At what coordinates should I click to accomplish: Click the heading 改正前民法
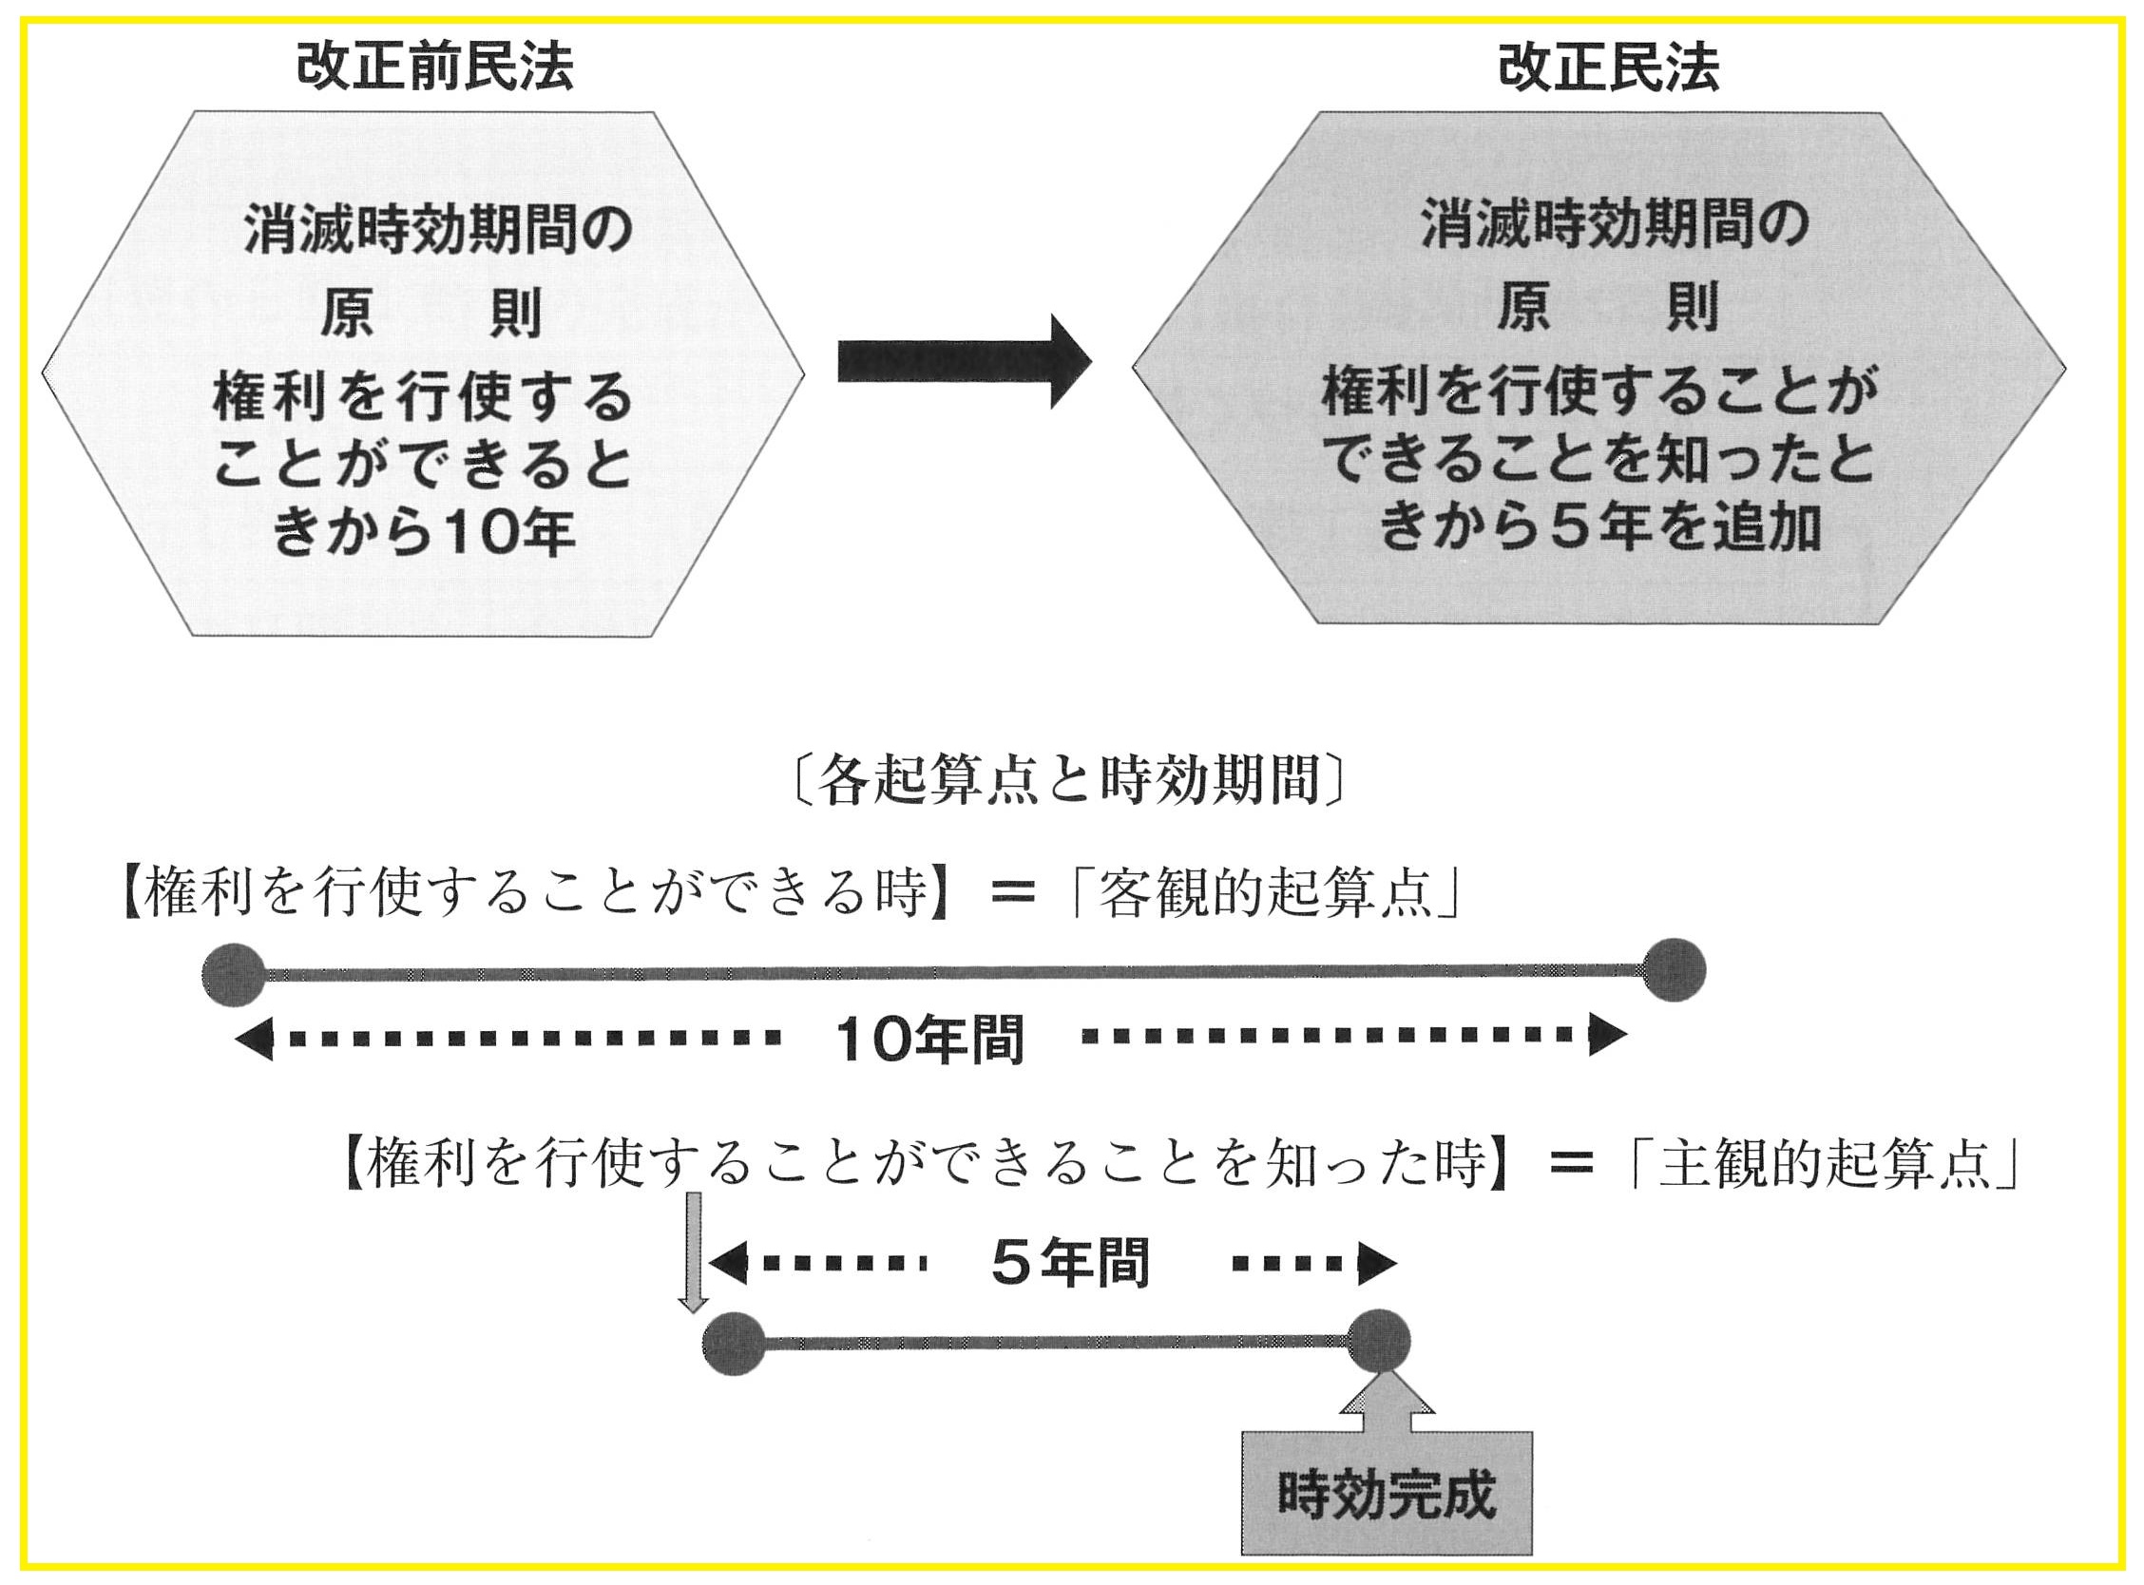pyautogui.click(x=434, y=67)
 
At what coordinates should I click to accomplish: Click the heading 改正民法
pyautogui.click(x=1608, y=67)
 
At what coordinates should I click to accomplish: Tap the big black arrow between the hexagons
pyautogui.click(x=963, y=362)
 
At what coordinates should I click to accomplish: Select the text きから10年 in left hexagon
pyautogui.click(x=423, y=532)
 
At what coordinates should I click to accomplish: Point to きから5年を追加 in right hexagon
pyautogui.click(x=1599, y=526)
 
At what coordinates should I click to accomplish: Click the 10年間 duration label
pyautogui.click(x=928, y=1038)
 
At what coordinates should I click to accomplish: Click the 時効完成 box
pyautogui.click(x=1387, y=1493)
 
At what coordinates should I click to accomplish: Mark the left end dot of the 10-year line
pyautogui.click(x=233, y=975)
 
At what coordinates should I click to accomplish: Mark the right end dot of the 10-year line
pyautogui.click(x=1674, y=970)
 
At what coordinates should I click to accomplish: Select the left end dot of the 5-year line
pyautogui.click(x=734, y=1344)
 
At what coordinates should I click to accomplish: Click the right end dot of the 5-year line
pyautogui.click(x=1380, y=1340)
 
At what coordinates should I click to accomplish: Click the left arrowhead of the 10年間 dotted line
pyautogui.click(x=253, y=1039)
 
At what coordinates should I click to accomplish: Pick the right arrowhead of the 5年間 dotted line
pyautogui.click(x=1376, y=1264)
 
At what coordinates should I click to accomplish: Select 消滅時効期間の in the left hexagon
pyautogui.click(x=437, y=230)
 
